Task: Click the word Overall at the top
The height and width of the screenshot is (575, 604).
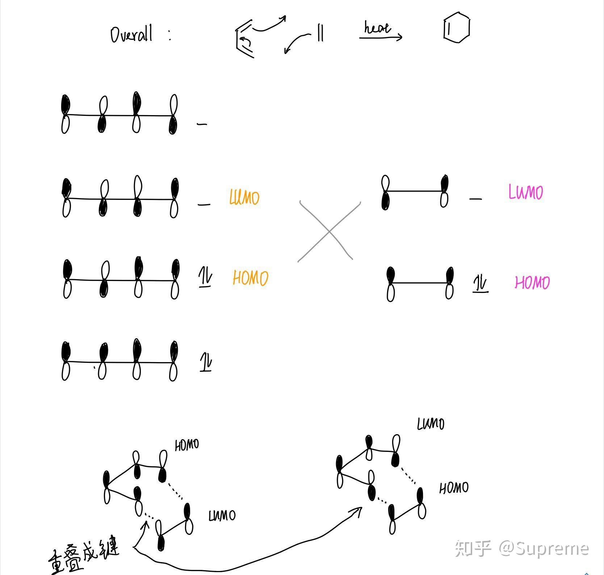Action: click(x=131, y=34)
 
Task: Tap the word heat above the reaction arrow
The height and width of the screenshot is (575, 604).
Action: click(x=377, y=28)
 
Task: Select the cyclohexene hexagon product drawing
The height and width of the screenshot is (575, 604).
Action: click(x=457, y=28)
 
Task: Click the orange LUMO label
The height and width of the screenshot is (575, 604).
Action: click(x=244, y=197)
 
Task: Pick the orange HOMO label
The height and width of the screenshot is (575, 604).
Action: click(x=250, y=278)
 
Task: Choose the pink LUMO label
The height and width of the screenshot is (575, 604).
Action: click(x=525, y=192)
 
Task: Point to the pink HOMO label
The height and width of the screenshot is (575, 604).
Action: click(x=532, y=282)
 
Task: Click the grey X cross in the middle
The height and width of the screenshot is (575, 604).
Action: click(x=329, y=231)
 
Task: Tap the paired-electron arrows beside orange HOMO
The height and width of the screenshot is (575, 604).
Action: click(x=205, y=278)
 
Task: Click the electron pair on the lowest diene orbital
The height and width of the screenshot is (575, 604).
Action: click(x=206, y=362)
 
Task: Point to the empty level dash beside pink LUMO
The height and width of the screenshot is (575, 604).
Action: click(x=475, y=199)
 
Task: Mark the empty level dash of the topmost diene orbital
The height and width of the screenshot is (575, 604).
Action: click(x=202, y=124)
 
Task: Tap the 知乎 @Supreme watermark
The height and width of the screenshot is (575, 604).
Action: click(x=521, y=548)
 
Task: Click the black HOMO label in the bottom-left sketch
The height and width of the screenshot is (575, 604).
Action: click(x=187, y=445)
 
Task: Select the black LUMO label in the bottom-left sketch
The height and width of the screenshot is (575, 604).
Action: click(x=222, y=515)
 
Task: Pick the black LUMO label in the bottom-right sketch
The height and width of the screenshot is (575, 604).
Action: click(x=431, y=424)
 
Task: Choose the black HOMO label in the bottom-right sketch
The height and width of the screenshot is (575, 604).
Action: click(x=454, y=488)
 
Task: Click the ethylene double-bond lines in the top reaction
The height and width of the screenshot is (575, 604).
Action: click(x=320, y=33)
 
